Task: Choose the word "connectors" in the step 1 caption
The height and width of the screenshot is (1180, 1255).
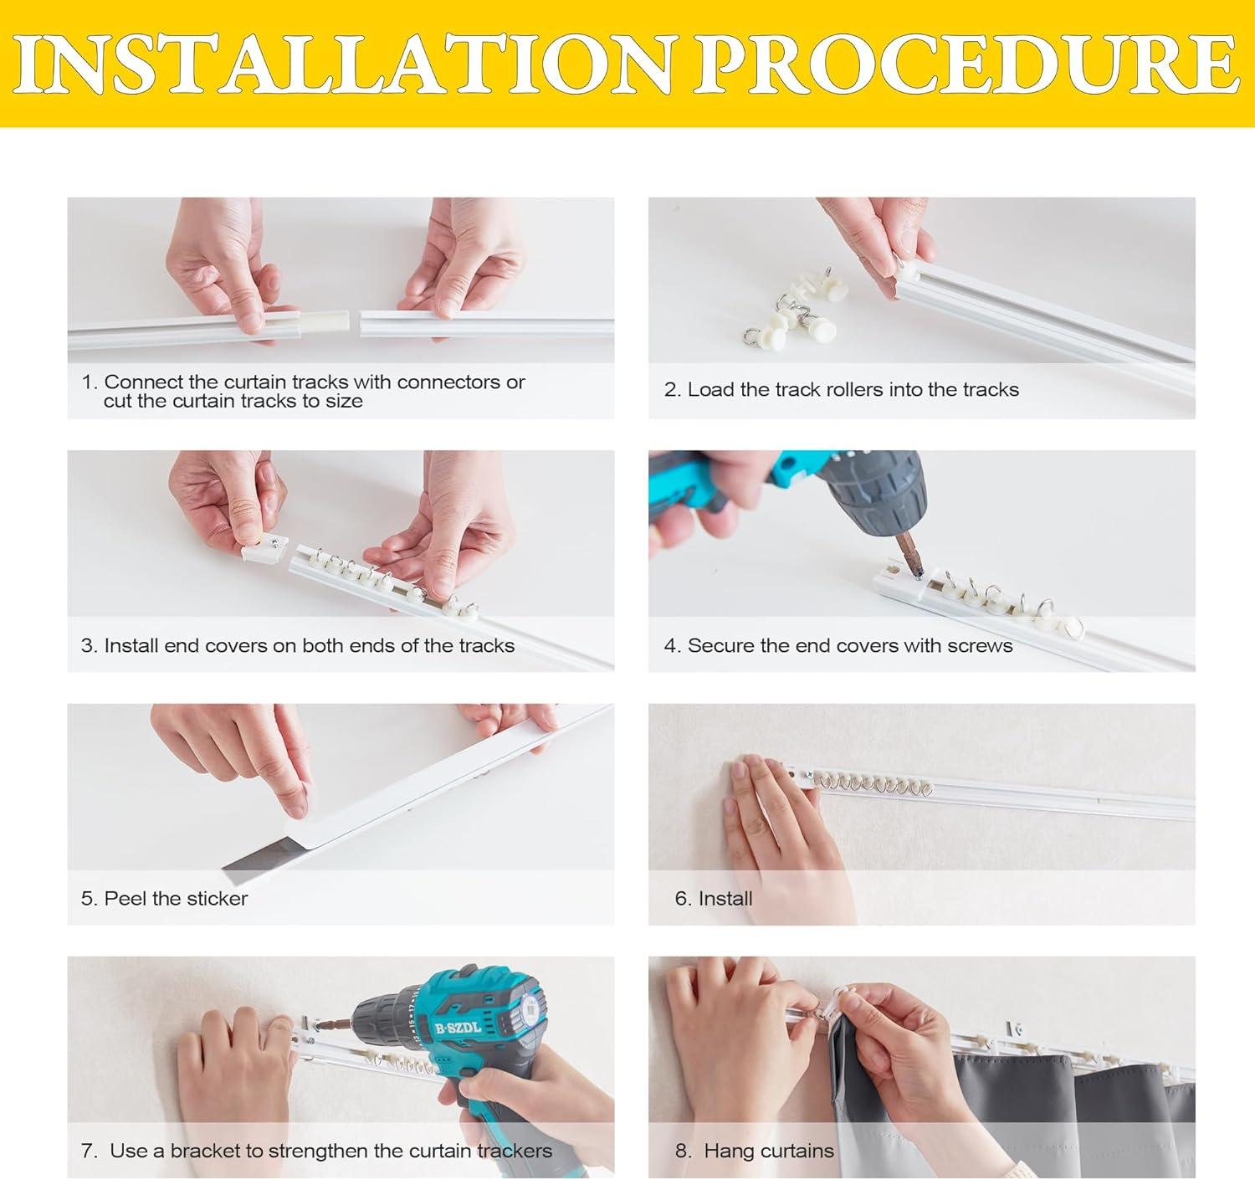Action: [448, 382]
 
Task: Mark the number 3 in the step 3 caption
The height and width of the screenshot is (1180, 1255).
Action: [86, 645]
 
